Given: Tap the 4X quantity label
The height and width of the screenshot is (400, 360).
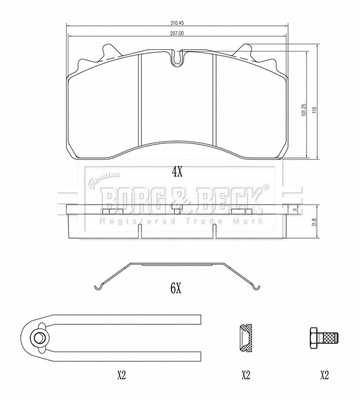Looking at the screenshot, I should (177, 171).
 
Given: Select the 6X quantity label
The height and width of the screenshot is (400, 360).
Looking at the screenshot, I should (176, 287).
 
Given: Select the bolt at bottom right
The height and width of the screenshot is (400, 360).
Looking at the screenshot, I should (323, 337).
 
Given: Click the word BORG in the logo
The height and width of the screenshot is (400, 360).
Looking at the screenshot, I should (137, 190).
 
